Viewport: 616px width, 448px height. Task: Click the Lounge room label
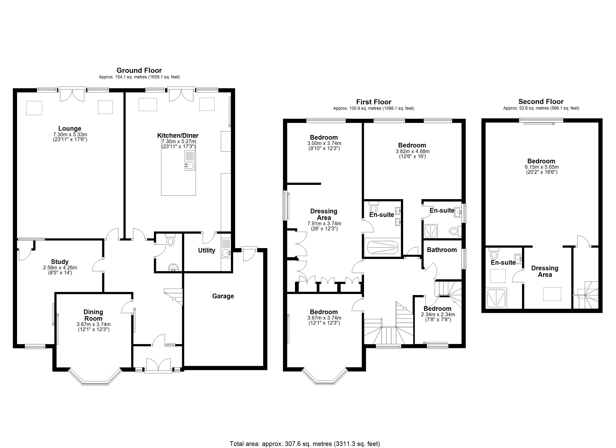tap(70, 128)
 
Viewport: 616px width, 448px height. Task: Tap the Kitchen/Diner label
tap(178, 136)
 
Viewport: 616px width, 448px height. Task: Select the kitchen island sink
tap(189, 164)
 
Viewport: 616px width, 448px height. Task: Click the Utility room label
tap(206, 250)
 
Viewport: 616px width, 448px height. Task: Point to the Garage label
tap(223, 296)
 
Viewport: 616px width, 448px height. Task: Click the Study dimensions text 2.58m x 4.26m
tap(60, 268)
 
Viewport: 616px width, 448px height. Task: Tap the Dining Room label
tap(93, 315)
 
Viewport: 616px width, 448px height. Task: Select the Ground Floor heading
tap(139, 71)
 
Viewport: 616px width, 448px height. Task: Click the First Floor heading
tap(374, 102)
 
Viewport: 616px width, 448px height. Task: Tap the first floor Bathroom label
tap(442, 250)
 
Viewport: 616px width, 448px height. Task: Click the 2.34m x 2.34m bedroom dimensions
tap(438, 315)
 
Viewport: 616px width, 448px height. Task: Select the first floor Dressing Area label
tap(324, 214)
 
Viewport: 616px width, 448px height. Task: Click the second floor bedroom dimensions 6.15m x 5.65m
tap(542, 167)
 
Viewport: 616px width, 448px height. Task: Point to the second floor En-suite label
tap(503, 262)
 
